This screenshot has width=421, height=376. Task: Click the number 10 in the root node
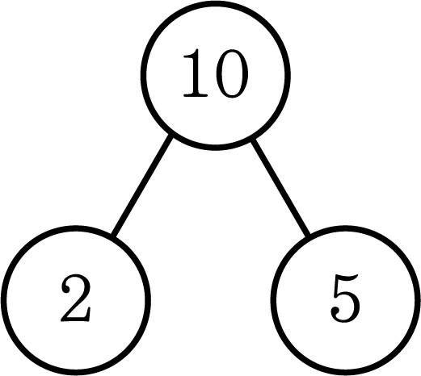pyautogui.click(x=215, y=73)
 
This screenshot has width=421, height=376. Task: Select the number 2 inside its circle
pyautogui.click(x=76, y=298)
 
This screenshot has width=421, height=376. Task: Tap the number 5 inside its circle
pyautogui.click(x=345, y=298)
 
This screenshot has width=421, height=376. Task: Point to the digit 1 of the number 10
pyautogui.click(x=196, y=73)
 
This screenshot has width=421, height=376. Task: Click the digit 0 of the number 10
pyautogui.click(x=231, y=73)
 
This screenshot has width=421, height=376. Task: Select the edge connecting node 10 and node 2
pyautogui.click(x=142, y=186)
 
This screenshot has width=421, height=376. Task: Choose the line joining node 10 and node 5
pyautogui.click(x=280, y=187)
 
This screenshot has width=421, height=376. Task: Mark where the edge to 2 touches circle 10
pyautogui.click(x=171, y=136)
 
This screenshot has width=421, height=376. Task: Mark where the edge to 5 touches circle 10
pyautogui.click(x=252, y=140)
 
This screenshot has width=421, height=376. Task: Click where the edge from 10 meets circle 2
pyautogui.click(x=113, y=236)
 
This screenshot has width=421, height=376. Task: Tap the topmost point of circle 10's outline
pyautogui.click(x=216, y=2)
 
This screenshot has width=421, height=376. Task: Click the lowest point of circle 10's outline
pyautogui.click(x=216, y=148)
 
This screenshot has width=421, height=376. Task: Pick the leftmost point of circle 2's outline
pyautogui.click(x=3, y=300)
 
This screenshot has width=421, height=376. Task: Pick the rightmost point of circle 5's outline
pyautogui.click(x=418, y=300)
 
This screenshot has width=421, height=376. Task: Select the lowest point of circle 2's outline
pyautogui.click(x=76, y=373)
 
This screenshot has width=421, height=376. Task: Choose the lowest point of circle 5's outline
pyautogui.click(x=345, y=373)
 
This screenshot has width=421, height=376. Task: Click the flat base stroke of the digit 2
pyautogui.click(x=76, y=319)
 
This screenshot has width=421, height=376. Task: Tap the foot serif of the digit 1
pyautogui.click(x=196, y=94)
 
